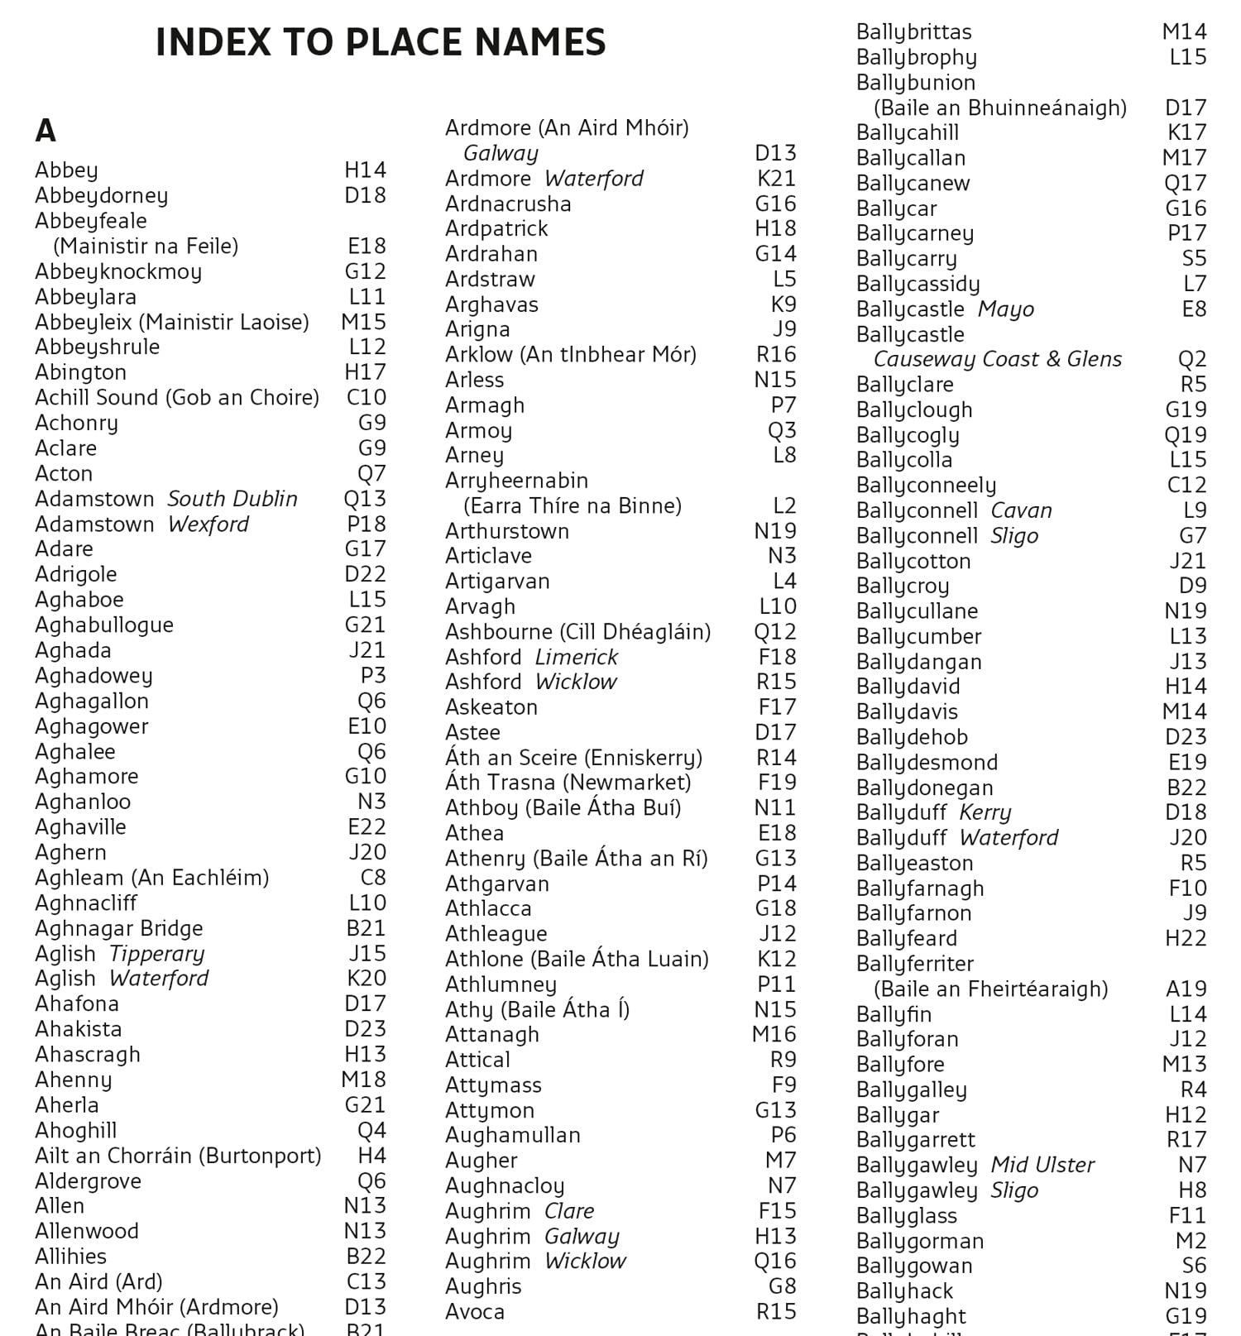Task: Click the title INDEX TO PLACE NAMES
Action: pos(381,43)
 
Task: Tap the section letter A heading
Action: pos(46,131)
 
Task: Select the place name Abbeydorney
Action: pos(101,195)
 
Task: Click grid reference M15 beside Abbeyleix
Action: pos(364,322)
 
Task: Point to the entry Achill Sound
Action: pos(176,397)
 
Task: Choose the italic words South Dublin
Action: pos(232,499)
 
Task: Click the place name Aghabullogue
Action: pos(104,625)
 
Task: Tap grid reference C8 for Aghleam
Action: pos(373,877)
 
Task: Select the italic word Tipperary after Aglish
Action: pos(156,953)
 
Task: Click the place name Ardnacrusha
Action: pos(508,204)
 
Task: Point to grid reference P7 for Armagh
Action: pos(783,405)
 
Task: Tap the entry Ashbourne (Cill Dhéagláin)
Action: pos(577,632)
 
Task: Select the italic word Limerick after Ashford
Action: pos(576,657)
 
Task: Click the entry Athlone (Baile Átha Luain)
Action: pos(577,959)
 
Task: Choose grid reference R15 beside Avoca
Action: pos(776,1311)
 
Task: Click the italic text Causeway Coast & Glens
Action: pos(998,359)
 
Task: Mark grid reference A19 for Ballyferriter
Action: pos(1186,989)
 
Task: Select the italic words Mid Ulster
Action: pos(1042,1165)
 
